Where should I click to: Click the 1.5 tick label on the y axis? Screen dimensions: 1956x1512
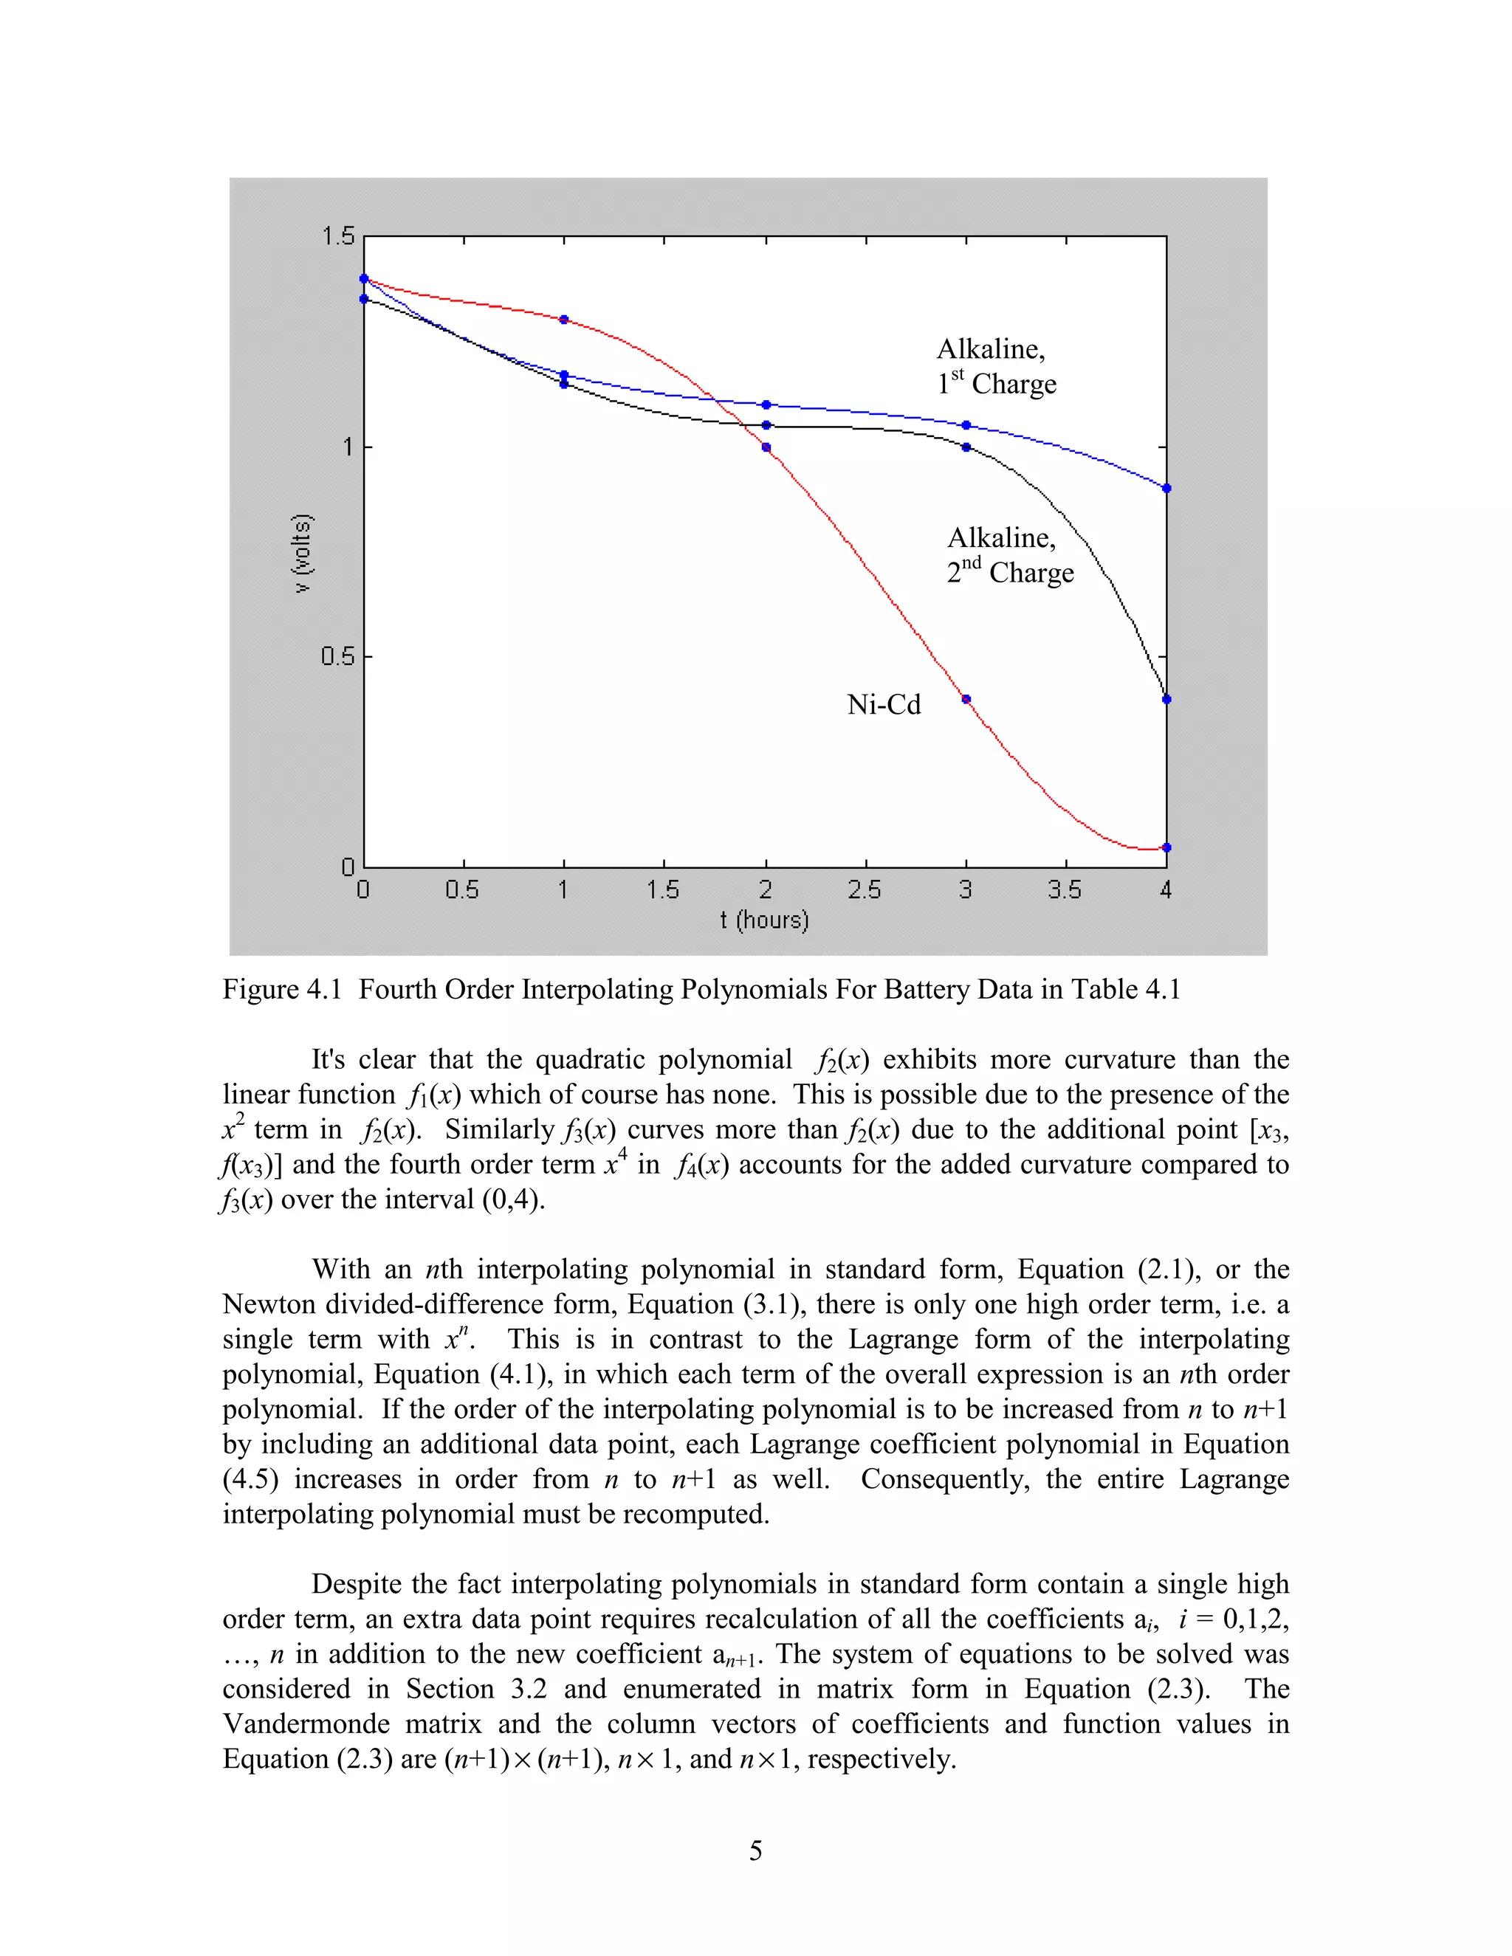[x=337, y=236]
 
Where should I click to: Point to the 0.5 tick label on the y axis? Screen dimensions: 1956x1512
[x=337, y=656]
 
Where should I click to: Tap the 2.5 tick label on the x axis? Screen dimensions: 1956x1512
[x=865, y=889]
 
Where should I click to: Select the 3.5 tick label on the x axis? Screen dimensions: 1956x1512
[x=1065, y=889]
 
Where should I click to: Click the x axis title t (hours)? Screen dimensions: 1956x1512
[x=764, y=920]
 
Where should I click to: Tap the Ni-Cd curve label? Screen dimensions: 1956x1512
[x=883, y=705]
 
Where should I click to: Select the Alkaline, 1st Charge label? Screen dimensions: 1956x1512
[x=996, y=366]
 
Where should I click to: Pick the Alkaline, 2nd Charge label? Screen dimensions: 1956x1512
[x=1009, y=555]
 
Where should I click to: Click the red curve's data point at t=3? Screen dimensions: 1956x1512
[x=966, y=700]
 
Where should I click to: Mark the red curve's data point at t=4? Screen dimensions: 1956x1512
[x=1166, y=847]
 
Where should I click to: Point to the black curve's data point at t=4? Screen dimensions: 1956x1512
[x=1166, y=700]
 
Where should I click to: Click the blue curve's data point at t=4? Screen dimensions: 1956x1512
[x=1166, y=488]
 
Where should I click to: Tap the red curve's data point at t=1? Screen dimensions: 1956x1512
[x=563, y=320]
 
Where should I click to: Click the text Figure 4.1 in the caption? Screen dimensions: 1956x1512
[x=282, y=990]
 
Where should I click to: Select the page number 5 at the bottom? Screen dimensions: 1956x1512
[x=755, y=1850]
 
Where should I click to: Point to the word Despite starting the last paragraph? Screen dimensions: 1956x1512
[x=354, y=1584]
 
